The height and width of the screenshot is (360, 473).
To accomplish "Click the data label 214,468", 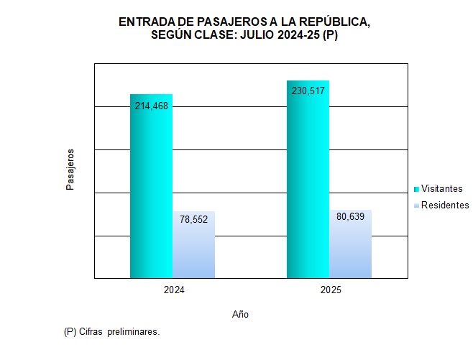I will point(151,106).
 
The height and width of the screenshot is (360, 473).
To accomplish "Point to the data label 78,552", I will point(193,220).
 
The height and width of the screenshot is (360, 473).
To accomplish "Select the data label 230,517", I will point(308,91).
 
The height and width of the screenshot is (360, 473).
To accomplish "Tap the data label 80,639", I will point(350,216).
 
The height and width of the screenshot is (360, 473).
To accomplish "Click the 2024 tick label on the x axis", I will point(173,290).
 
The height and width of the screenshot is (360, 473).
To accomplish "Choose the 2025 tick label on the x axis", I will point(329,290).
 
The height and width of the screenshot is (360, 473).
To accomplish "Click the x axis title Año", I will point(241,315).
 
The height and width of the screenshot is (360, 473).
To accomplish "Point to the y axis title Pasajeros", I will point(70,170).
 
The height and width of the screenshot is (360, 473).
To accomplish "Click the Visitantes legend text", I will point(441,188).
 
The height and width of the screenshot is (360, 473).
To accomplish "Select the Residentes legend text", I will point(444,206).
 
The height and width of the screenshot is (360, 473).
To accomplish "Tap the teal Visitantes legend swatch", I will point(416,189).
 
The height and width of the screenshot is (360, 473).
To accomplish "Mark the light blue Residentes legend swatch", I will point(416,206).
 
